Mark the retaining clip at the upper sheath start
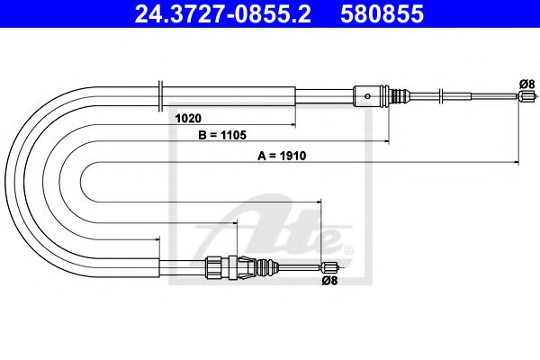pyautogui.click(x=158, y=93)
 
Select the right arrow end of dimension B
pyautogui.click(x=388, y=142)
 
